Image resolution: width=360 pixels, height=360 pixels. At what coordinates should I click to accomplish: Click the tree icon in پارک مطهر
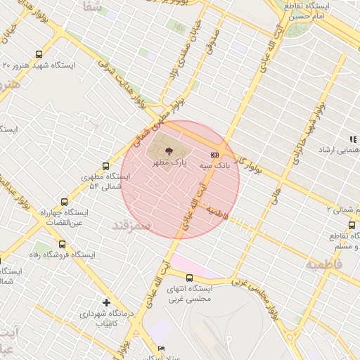pos(167,150)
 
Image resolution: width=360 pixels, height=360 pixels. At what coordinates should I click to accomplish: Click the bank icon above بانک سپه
pos(214,155)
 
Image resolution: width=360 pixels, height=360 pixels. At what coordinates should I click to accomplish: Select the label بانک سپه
pos(214,166)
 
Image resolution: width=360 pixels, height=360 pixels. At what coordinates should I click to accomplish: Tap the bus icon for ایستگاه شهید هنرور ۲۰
pos(38,53)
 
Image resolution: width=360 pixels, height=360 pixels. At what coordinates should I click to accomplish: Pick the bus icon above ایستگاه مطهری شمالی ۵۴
pos(105,167)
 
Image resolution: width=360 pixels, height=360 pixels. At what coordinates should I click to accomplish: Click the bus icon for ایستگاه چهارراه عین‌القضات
pos(65,202)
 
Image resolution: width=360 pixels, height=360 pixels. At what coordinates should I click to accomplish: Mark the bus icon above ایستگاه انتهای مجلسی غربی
pos(188,277)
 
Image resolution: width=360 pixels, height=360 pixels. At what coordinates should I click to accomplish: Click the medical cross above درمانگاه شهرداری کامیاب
pos(106,302)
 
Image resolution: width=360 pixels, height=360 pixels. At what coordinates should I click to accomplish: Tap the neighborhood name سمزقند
pos(131,224)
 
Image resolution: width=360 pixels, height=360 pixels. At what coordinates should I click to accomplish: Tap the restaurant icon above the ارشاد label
pos(352,139)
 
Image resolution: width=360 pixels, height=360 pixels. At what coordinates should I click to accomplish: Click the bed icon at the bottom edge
pos(161,349)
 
